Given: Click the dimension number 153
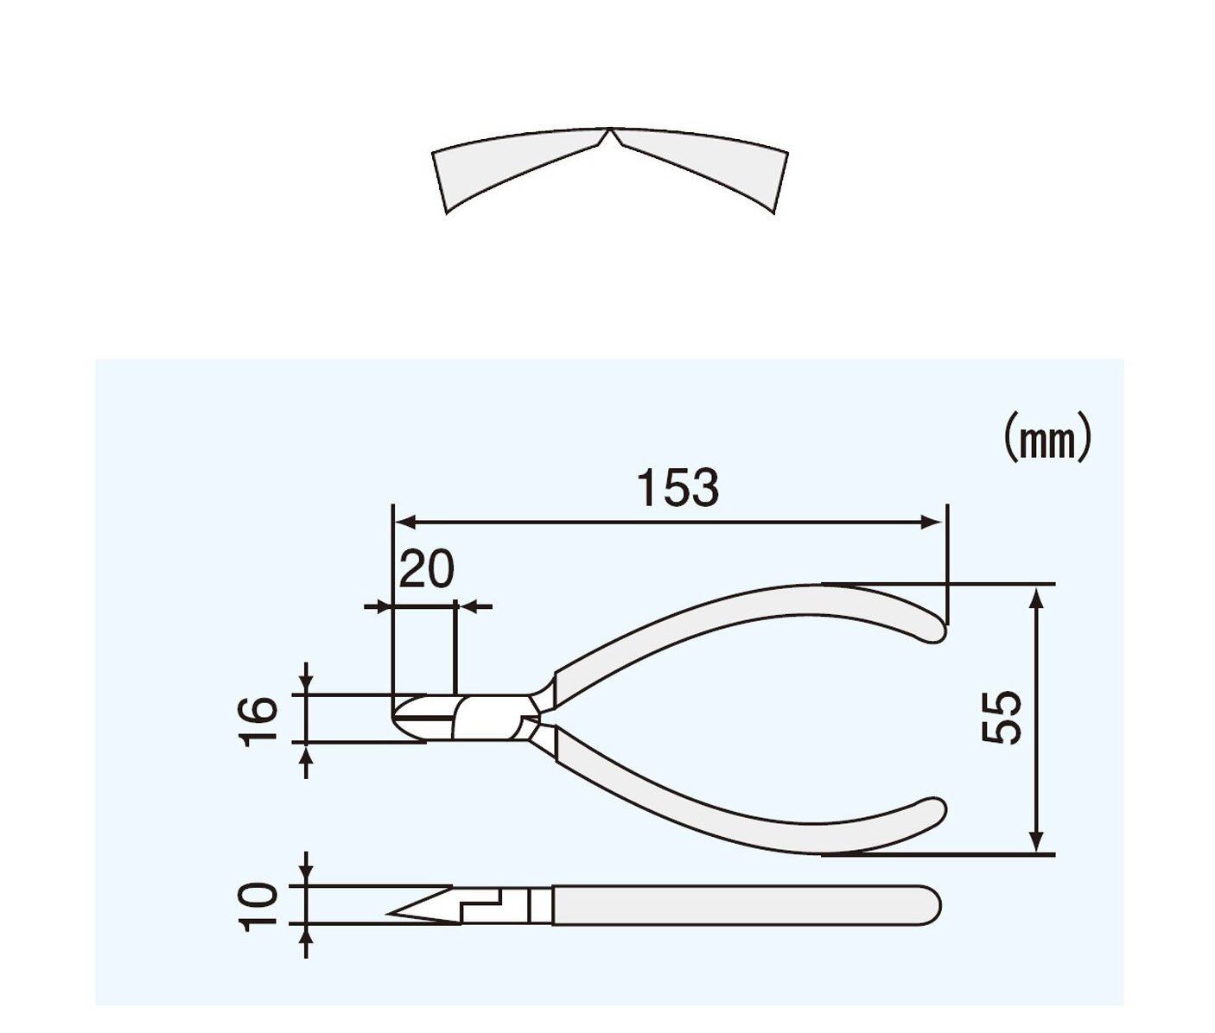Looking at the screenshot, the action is pyautogui.click(x=678, y=488).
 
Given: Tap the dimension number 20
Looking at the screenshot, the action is pyautogui.click(x=427, y=569).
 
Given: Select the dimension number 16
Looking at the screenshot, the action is pyautogui.click(x=260, y=721).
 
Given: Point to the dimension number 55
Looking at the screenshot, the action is pyautogui.click(x=1002, y=717).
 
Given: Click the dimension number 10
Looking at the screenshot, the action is pyautogui.click(x=259, y=907).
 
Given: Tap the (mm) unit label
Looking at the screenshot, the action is pyautogui.click(x=1046, y=443).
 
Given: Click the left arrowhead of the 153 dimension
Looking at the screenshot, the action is pyautogui.click(x=405, y=521).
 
